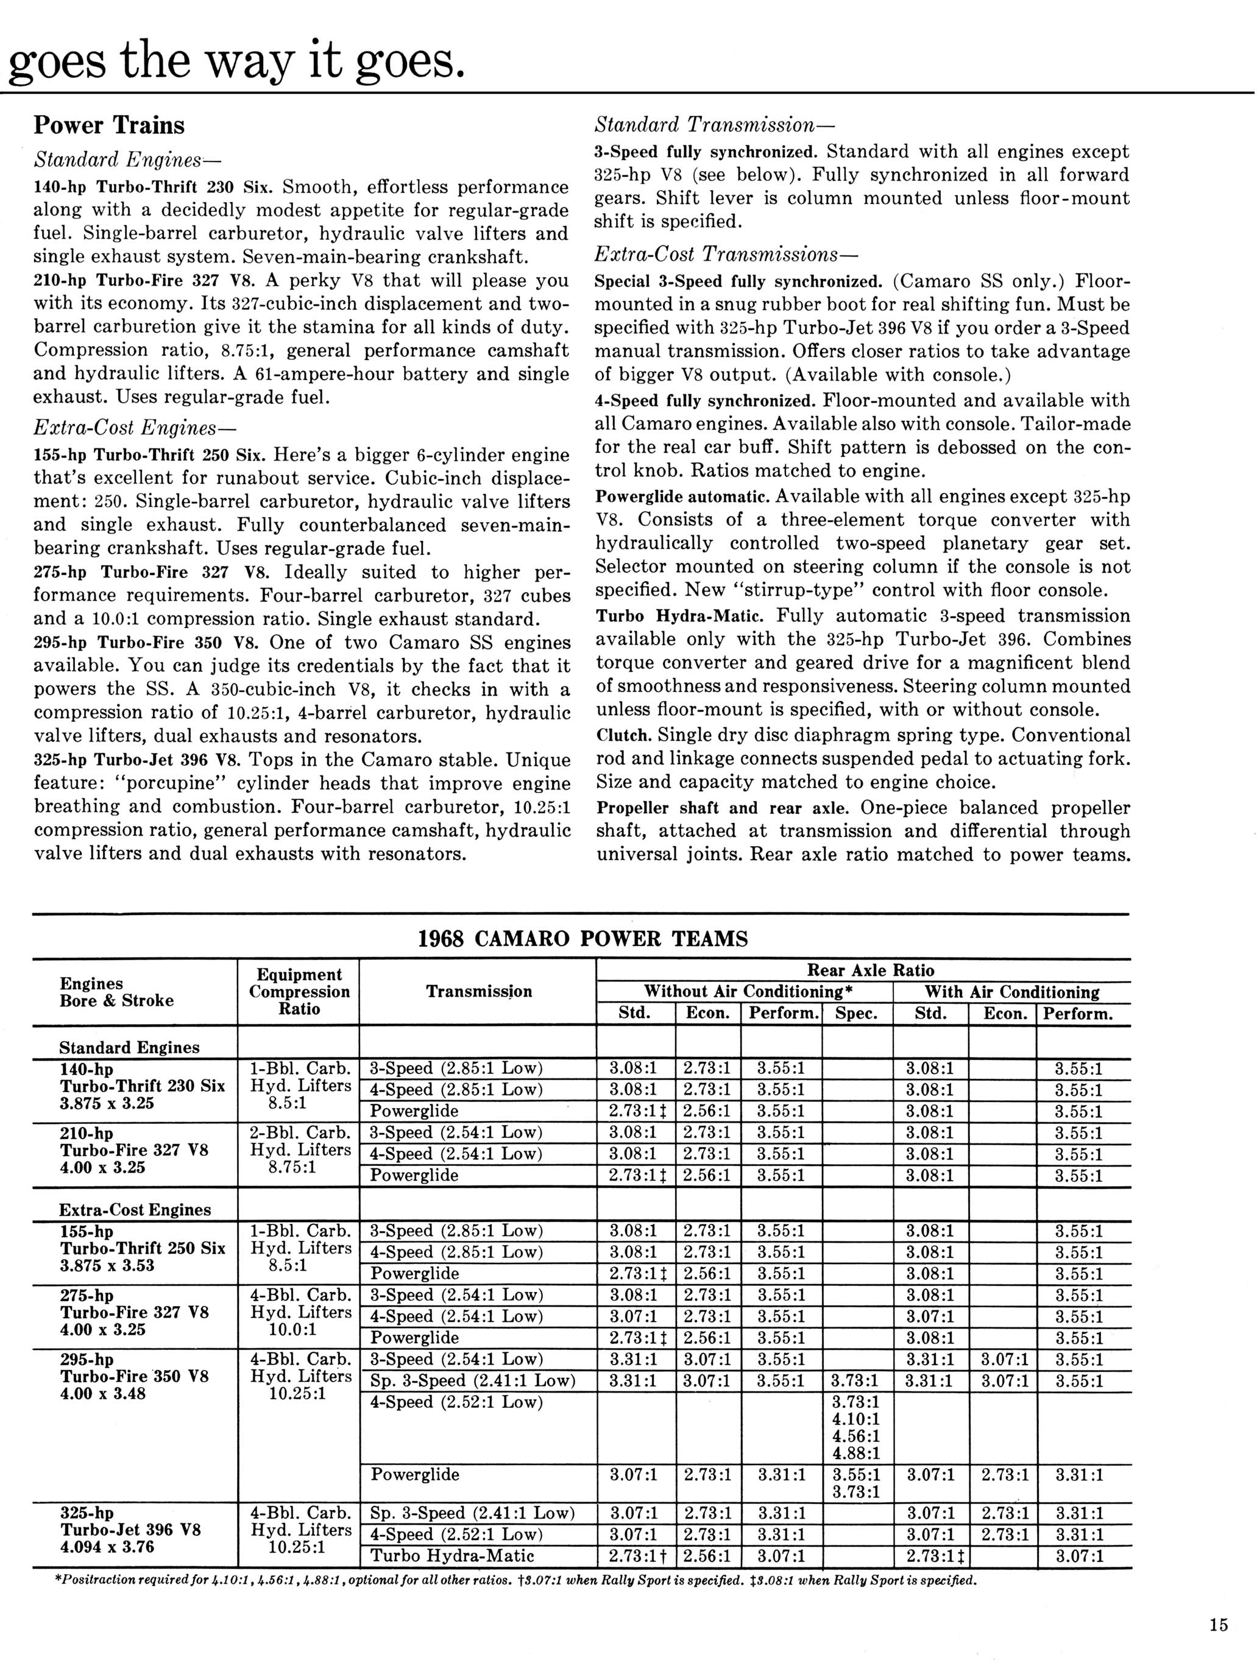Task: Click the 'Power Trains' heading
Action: (x=109, y=125)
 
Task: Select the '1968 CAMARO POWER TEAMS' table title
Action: (x=582, y=939)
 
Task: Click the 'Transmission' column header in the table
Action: (x=479, y=991)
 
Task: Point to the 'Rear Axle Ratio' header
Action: (x=871, y=970)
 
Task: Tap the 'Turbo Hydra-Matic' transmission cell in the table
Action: (x=453, y=1556)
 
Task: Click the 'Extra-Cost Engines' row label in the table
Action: (x=135, y=1210)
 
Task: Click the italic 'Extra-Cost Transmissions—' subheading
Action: (x=717, y=255)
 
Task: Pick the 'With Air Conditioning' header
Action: (x=1011, y=992)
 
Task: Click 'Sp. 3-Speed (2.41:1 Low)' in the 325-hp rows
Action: (x=473, y=1513)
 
